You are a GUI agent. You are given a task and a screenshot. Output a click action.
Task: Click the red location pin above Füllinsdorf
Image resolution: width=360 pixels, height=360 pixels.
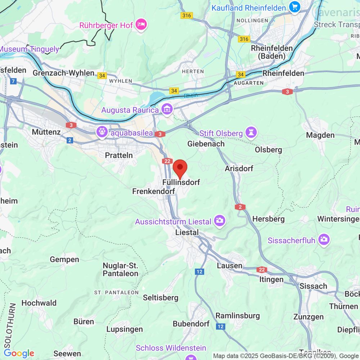click(x=180, y=168)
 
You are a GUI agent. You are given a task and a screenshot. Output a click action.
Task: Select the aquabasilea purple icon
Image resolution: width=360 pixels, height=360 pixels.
click(x=102, y=132)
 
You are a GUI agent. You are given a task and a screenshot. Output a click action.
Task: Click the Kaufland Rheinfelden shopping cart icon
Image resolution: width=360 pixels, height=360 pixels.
click(x=294, y=7)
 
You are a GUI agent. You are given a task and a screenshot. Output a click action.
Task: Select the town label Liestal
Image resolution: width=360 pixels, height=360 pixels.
click(x=186, y=233)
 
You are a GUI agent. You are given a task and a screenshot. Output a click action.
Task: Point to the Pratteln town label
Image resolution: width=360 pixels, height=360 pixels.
click(x=119, y=155)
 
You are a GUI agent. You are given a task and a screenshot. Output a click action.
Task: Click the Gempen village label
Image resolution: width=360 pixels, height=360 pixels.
click(x=64, y=259)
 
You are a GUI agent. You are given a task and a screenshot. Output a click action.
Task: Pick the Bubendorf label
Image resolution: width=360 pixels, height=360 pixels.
click(x=191, y=324)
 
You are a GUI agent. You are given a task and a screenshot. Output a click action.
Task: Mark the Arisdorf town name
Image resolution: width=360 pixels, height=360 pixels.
click(x=239, y=168)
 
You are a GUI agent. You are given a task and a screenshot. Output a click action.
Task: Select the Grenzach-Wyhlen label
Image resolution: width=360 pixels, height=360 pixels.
click(x=63, y=73)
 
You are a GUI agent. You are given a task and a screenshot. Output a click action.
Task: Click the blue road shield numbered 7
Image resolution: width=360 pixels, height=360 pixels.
click(x=14, y=81)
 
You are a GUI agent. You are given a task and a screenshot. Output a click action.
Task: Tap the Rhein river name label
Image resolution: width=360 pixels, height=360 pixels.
click(x=191, y=96)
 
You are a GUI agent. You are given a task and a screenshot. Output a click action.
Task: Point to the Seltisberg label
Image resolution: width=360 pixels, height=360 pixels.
click(x=161, y=298)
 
